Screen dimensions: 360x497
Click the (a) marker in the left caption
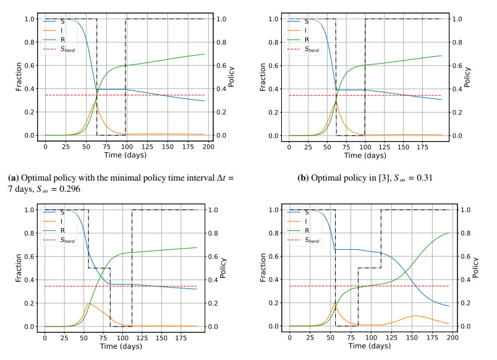point(13,178)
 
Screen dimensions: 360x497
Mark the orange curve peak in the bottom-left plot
point(89,303)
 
